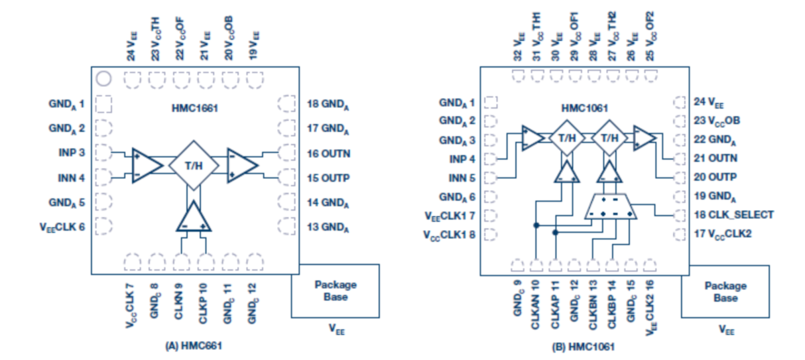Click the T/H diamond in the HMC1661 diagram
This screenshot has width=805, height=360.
tap(194, 165)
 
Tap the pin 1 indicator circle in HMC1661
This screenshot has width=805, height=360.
tap(103, 79)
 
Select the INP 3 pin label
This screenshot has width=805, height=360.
tap(72, 152)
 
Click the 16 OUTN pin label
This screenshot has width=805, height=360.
tap(328, 154)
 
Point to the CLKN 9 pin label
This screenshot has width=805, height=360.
tap(178, 301)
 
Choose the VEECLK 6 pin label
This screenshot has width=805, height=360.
tap(62, 227)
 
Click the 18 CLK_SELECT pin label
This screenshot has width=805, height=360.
tap(734, 215)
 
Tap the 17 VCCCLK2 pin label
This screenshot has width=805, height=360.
tap(723, 234)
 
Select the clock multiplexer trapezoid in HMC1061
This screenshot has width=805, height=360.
tap(610, 207)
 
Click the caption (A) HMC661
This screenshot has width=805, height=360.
tap(194, 346)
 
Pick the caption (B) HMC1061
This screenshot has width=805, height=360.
tap(584, 347)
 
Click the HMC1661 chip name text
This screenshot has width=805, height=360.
tap(195, 108)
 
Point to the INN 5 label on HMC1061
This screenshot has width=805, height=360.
tap(462, 178)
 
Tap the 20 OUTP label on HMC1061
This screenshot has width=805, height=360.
tap(715, 177)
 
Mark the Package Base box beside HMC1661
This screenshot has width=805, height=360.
tap(336, 291)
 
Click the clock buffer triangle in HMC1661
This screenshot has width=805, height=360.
tap(194, 216)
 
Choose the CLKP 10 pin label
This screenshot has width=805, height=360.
tap(203, 303)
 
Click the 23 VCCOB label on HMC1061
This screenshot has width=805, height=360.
tap(717, 121)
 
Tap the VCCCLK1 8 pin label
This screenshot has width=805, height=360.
tap(449, 235)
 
